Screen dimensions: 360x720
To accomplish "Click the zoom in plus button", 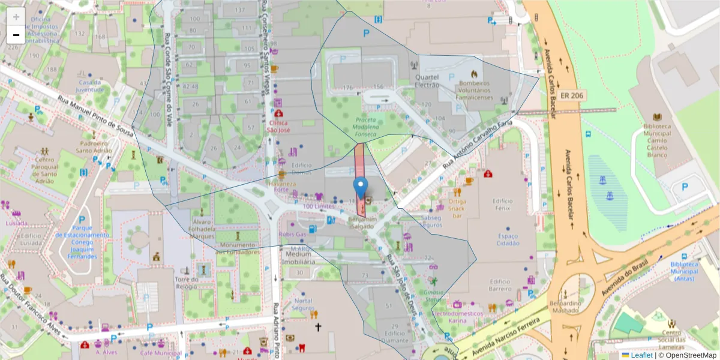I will [x=16, y=17].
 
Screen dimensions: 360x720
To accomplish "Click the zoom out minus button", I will [x=16, y=35].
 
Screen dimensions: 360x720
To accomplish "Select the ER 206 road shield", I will [x=572, y=95].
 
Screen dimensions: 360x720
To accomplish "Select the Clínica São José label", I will [x=278, y=125].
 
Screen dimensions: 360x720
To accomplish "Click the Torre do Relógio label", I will [x=186, y=283].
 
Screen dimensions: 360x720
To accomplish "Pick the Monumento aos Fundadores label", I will [x=238, y=248].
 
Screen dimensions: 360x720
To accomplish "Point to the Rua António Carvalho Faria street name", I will [x=478, y=144].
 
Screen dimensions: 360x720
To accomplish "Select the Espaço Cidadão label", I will [x=508, y=240].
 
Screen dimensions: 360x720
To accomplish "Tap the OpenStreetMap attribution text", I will [x=690, y=355].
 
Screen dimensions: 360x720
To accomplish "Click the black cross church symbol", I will [x=318, y=327].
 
